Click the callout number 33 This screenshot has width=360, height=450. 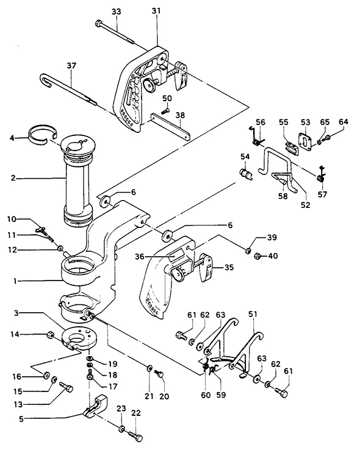coord(117,12)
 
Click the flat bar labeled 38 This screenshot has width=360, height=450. coord(170,126)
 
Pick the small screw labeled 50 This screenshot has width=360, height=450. coord(165,111)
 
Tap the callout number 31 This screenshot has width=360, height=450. coord(156,11)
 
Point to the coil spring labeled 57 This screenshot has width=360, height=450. coord(321,178)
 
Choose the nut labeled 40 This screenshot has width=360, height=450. coord(257,255)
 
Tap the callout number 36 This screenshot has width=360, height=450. coord(140,257)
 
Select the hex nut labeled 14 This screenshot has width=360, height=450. coord(50,335)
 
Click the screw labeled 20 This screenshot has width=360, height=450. coord(159,374)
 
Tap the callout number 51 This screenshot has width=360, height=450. coord(253,315)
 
